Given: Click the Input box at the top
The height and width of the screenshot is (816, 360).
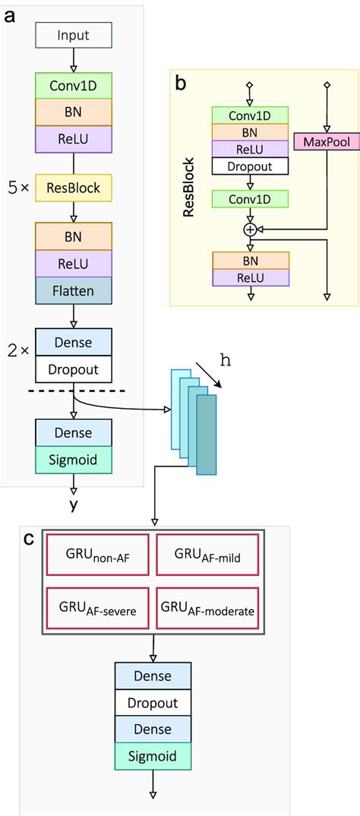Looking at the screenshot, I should (x=74, y=35).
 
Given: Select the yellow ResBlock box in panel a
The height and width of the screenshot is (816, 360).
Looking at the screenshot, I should (x=74, y=187).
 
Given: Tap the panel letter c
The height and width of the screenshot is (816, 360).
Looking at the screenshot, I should (x=28, y=539).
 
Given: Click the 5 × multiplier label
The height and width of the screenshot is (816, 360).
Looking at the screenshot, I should (x=18, y=187).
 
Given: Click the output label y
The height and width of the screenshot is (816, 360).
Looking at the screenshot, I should (x=74, y=505).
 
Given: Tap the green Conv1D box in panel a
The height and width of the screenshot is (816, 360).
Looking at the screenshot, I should (x=74, y=85).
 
